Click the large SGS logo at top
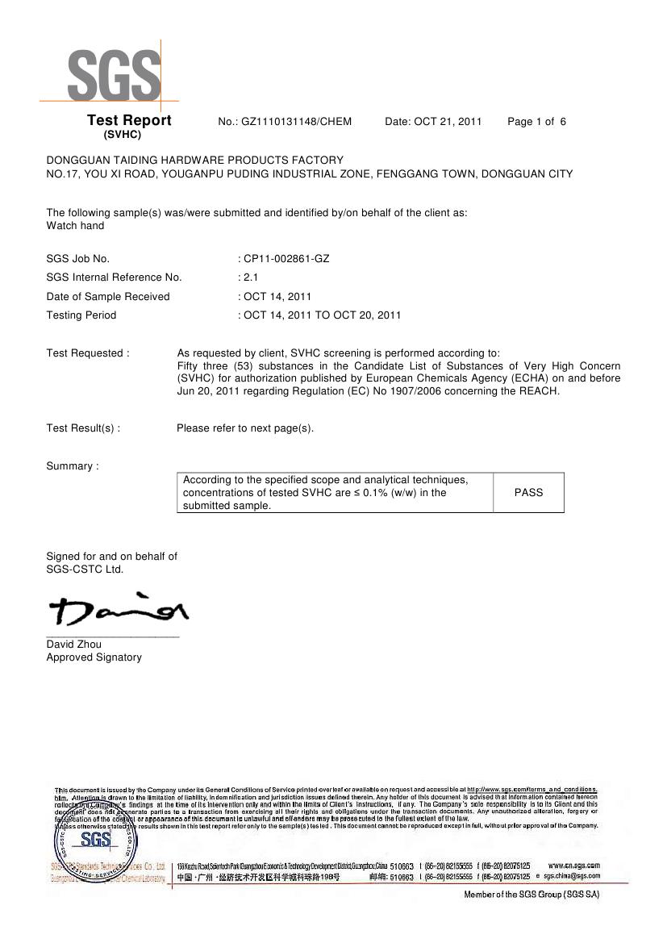pos(114,75)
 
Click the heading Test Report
pos(129,121)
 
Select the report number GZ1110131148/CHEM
pos(296,122)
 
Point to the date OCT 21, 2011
pos(448,122)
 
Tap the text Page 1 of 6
pos(536,122)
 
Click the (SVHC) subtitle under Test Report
pos(123,135)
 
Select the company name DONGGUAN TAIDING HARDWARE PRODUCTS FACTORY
pos(194,160)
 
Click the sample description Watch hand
pos(75,226)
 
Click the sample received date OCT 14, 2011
pos(277,297)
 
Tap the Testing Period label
pos(81,315)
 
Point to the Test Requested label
pos(87,353)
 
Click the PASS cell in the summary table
pos(528,492)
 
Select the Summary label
pos(73,466)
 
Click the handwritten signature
pos(118,611)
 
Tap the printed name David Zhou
pos(73,645)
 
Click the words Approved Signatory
pos(94,657)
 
